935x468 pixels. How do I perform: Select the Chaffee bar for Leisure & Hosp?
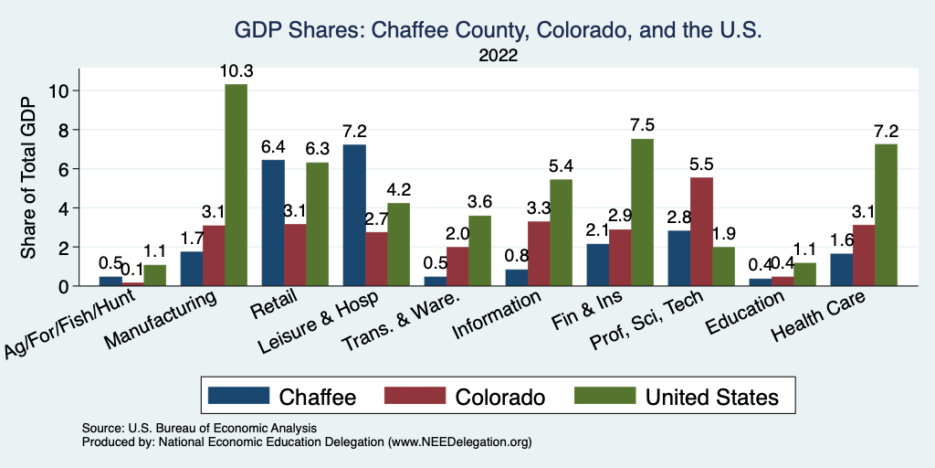click(x=354, y=215)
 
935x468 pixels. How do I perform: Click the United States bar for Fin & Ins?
click(x=642, y=212)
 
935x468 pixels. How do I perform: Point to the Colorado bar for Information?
click(x=540, y=253)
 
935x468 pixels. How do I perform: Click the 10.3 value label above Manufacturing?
click(x=236, y=70)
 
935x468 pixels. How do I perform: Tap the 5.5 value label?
click(x=702, y=165)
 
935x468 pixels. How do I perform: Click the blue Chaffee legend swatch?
click(x=239, y=397)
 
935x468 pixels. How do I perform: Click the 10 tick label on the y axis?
click(x=58, y=90)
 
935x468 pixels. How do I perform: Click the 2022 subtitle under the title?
click(x=498, y=56)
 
